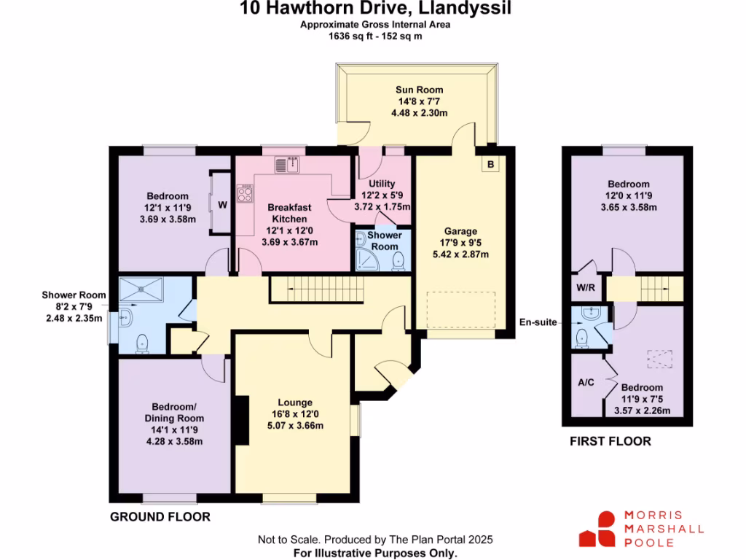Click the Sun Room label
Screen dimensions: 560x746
point(419,90)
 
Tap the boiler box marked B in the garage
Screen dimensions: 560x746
point(490,165)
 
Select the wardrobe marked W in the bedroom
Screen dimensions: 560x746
point(222,205)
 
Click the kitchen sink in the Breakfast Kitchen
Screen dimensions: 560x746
point(289,166)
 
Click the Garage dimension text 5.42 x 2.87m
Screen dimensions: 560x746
point(459,254)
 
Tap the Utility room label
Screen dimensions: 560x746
point(382,184)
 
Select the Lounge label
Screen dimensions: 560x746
point(295,402)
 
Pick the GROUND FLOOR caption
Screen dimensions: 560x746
point(160,517)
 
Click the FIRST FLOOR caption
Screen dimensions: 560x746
point(610,441)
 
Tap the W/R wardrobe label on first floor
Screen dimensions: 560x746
point(586,287)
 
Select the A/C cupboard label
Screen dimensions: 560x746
point(586,382)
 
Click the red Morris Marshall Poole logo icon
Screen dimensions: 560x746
point(597,529)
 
